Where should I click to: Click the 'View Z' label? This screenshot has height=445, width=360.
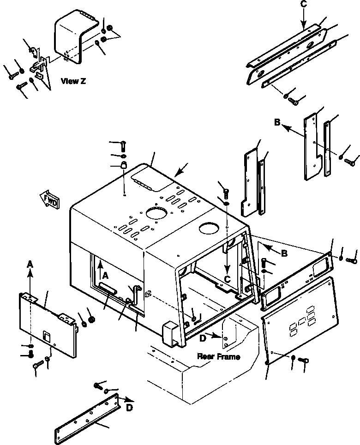pyautogui.click(x=73, y=81)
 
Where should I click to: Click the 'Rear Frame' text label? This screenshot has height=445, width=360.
pyautogui.click(x=218, y=356)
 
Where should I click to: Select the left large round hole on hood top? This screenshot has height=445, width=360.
pyautogui.click(x=156, y=213)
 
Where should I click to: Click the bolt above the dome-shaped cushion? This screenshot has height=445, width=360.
pyautogui.click(x=123, y=145)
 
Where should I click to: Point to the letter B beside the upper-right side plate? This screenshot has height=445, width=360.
pyautogui.click(x=277, y=123)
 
